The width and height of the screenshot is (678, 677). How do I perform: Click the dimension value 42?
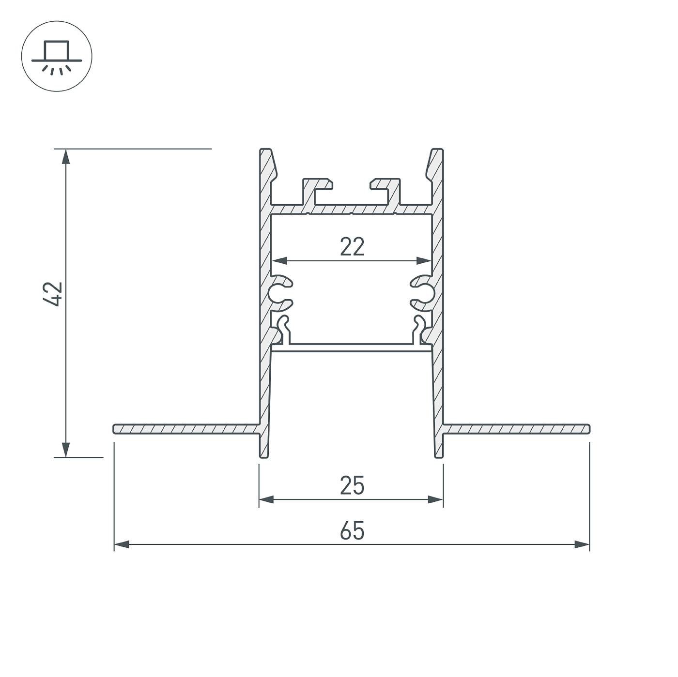point(52,294)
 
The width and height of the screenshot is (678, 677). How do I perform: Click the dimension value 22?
point(352,247)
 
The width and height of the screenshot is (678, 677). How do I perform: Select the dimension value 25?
point(352,485)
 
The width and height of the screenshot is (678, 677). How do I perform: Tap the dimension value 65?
point(352,531)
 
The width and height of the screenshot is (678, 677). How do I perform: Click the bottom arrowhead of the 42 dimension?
point(66,450)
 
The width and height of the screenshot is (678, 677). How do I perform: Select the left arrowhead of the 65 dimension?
point(122,544)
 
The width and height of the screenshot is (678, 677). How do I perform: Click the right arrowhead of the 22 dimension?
point(424,261)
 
